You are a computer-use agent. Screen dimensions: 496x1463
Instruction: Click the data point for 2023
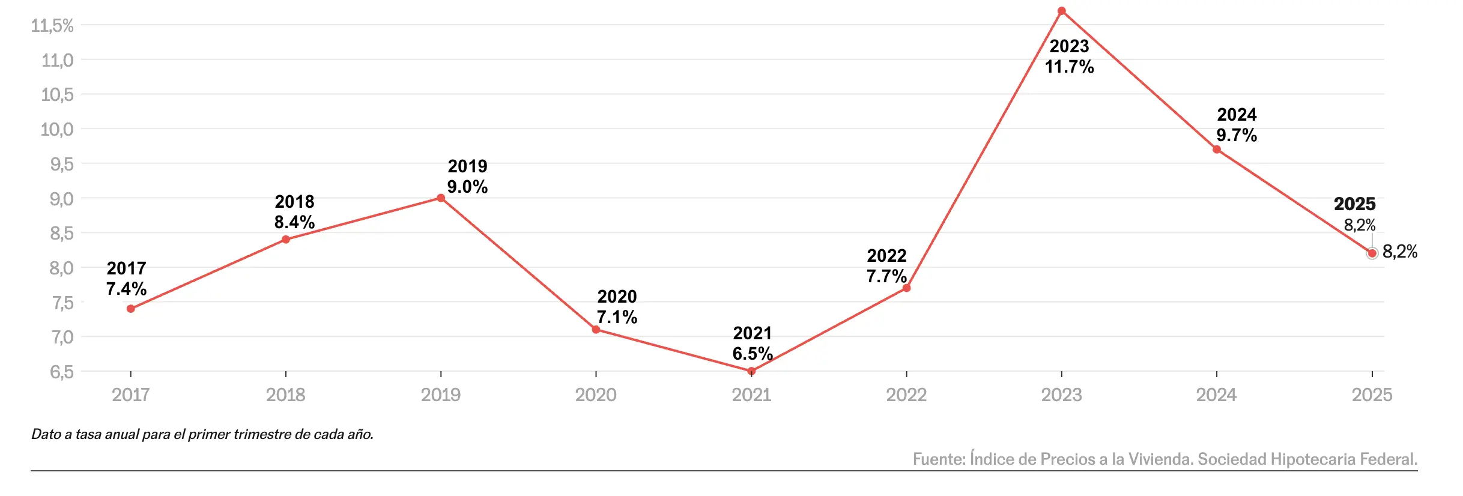click(x=1061, y=11)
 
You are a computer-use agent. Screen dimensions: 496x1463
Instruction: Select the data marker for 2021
click(x=751, y=371)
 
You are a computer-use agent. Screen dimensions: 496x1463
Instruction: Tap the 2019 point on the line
click(x=441, y=198)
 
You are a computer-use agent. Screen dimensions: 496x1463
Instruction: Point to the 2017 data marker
click(x=131, y=309)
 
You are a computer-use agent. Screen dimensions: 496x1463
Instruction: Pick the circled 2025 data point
click(x=1372, y=253)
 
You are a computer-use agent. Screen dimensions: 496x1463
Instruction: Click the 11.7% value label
click(x=1069, y=67)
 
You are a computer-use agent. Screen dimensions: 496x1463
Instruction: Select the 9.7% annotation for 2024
click(x=1237, y=135)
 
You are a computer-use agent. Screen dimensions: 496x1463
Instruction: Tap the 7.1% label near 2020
click(x=617, y=317)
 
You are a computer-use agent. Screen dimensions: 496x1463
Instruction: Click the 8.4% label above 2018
click(x=294, y=222)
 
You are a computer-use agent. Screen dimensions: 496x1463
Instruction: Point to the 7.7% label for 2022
click(x=886, y=276)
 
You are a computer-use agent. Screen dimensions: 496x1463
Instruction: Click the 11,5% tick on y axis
click(x=52, y=26)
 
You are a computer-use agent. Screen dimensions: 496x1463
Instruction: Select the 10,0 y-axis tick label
click(x=57, y=129)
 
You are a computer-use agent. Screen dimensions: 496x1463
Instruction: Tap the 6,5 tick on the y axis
click(x=61, y=372)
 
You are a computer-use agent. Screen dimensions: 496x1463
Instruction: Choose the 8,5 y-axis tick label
click(x=61, y=233)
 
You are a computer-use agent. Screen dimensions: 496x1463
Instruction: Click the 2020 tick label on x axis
click(x=596, y=395)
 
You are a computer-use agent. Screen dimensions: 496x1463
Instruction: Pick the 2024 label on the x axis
click(x=1216, y=395)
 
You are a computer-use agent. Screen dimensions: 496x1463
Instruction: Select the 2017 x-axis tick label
click(x=131, y=395)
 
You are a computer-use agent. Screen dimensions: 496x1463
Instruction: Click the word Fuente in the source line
click(x=939, y=459)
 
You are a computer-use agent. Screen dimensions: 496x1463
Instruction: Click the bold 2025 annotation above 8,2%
click(x=1354, y=204)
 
